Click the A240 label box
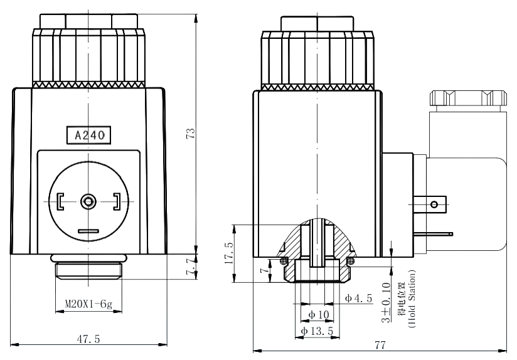click(x=89, y=134)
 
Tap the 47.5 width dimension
click(x=90, y=338)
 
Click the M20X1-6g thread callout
click(x=88, y=305)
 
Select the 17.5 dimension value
click(x=228, y=255)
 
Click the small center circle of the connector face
click(x=88, y=201)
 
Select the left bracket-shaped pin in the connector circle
click(x=60, y=201)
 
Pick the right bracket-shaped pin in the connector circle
click(x=117, y=201)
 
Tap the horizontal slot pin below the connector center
click(x=88, y=231)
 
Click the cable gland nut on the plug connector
click(x=467, y=98)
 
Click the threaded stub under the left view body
click(x=88, y=270)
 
